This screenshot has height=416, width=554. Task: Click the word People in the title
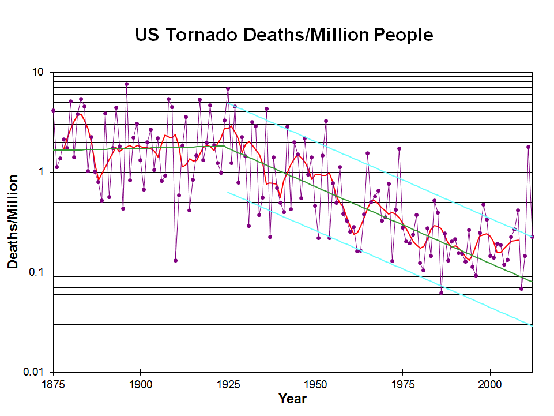(403, 35)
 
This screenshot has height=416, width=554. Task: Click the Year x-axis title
(292, 399)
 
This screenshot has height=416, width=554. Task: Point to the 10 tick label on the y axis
(39, 73)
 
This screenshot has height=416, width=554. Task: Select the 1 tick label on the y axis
(42, 172)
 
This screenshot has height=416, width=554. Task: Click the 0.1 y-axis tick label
(37, 272)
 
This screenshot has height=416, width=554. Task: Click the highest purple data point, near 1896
(126, 84)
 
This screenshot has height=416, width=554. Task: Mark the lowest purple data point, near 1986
(441, 293)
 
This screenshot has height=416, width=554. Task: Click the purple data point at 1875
(53, 110)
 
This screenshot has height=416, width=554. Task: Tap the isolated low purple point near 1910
(175, 260)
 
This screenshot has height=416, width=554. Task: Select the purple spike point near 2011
(528, 147)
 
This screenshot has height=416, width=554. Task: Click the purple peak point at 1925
(228, 89)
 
